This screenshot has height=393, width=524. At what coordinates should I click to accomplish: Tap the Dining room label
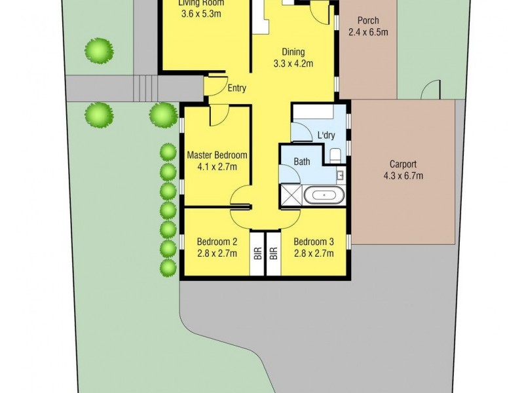click(293, 52)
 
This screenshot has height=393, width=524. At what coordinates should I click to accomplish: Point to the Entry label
click(237, 89)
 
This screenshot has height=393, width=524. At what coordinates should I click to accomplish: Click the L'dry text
click(326, 136)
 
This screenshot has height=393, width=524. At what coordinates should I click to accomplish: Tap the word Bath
click(302, 162)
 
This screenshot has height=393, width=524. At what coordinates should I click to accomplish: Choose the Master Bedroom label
click(217, 155)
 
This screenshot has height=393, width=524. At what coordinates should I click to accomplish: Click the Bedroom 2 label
click(216, 240)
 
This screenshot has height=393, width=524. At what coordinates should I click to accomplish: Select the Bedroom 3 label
click(313, 240)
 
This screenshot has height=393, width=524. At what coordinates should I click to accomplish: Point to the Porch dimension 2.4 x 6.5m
click(367, 32)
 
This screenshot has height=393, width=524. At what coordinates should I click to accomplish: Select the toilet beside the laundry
click(336, 155)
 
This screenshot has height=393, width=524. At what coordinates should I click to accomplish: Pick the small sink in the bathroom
click(341, 175)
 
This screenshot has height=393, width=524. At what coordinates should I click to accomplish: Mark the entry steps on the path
click(146, 88)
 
